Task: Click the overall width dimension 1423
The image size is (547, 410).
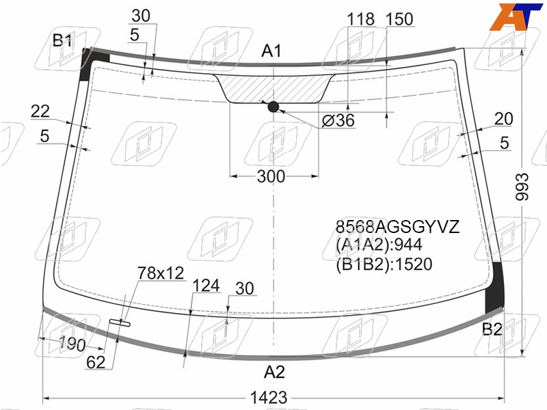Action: tap(269, 398)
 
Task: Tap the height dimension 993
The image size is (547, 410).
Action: tap(522, 187)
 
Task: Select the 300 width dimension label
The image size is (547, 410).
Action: tap(271, 176)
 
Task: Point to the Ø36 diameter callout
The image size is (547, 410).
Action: tap(338, 120)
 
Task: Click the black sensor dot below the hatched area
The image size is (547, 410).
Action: tap(273, 107)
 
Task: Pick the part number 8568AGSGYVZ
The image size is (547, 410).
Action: tap(397, 227)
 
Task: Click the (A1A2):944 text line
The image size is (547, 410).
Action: tap(379, 245)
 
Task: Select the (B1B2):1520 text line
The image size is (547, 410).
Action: tap(384, 264)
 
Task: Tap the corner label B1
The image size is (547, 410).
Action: tap(62, 40)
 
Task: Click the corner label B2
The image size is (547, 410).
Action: tap(492, 329)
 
